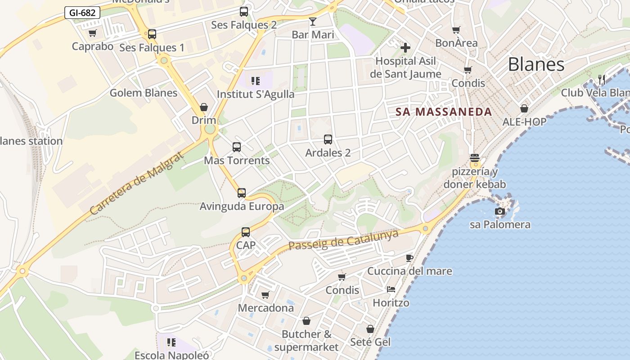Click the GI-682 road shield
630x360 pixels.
pos(82,13)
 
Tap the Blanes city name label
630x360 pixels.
pos(536,64)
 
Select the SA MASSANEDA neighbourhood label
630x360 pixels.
pos(444,112)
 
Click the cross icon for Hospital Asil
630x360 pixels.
pos(405,47)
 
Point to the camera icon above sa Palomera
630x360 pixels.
pos(499,211)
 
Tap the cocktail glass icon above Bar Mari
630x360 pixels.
pos(313,22)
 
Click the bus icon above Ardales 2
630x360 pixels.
pos(328,139)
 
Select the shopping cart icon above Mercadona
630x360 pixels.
pos(265,295)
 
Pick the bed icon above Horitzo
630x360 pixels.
pos(391,289)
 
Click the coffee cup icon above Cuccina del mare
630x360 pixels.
pos(409,258)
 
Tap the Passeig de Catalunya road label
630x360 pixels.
pos(343,239)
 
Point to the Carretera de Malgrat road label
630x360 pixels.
pos(137,182)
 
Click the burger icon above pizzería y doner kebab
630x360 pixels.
pos(474,158)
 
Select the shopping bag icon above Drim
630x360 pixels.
pos(204,107)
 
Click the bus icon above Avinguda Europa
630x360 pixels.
pos(242,193)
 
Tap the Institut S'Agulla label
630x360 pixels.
pos(256,94)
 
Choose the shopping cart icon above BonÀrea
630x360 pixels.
pos(456,30)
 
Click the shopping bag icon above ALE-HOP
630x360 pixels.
pos(524,108)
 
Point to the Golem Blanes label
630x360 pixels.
pos(144,93)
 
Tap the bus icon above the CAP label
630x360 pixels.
pos(246,232)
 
